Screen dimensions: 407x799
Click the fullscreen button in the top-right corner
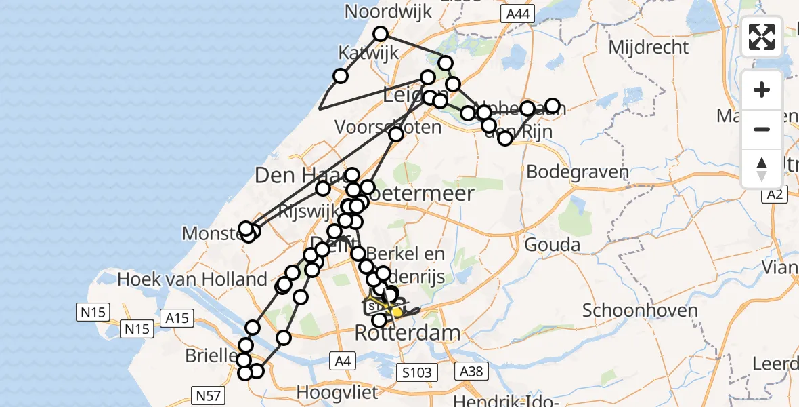click(762, 37)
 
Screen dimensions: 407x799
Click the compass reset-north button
click(762, 168)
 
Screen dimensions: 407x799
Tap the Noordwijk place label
click(379, 12)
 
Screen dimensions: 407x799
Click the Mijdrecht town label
click(649, 47)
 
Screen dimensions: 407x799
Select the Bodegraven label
click(577, 172)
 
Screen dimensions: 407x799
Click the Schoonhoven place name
click(640, 311)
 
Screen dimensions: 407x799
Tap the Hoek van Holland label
click(192, 279)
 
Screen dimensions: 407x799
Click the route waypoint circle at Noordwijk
click(381, 34)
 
